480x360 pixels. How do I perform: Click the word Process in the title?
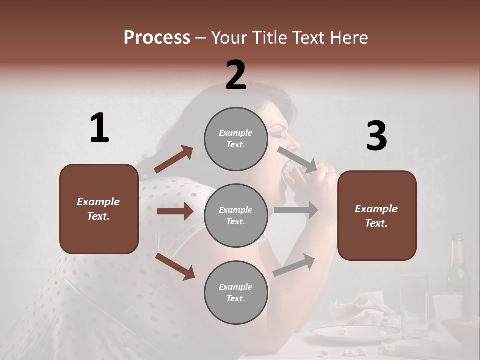tap(157, 38)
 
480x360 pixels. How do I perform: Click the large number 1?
tap(99, 128)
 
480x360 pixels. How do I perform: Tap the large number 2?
tap(236, 75)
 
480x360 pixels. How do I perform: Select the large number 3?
tap(376, 136)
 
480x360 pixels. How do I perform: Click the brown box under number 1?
tap(99, 209)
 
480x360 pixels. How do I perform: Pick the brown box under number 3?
tap(377, 215)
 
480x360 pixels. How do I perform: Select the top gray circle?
tap(236, 139)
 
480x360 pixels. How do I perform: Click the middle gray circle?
tap(236, 215)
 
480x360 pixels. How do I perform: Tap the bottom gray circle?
tap(236, 292)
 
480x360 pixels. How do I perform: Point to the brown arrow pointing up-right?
tap(173, 159)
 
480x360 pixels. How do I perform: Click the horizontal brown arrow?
tap(174, 211)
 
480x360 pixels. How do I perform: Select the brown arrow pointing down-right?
tap(175, 266)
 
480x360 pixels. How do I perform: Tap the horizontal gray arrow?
tap(295, 210)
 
